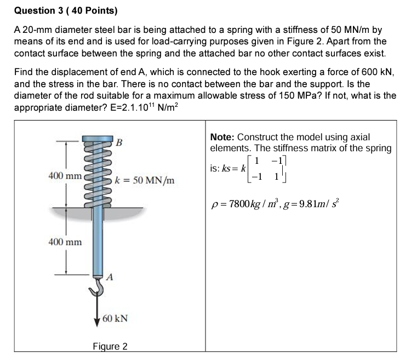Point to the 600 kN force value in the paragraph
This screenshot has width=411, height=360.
tap(377, 72)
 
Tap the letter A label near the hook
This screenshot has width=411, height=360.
tap(110, 277)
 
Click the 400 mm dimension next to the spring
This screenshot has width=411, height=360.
tap(65, 176)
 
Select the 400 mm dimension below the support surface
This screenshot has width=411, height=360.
tap(65, 242)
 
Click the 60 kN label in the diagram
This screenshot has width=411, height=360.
tap(115, 318)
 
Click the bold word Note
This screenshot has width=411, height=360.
tap(222, 137)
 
